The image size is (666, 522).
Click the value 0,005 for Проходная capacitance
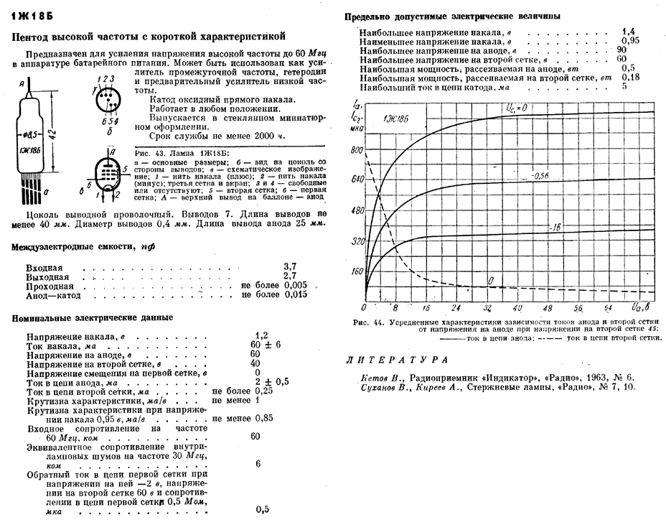pos(296,285)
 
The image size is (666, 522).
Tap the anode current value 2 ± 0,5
pos(268,382)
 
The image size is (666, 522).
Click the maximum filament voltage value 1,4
pos(629,32)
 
